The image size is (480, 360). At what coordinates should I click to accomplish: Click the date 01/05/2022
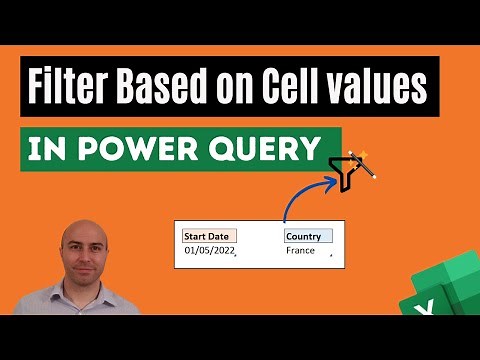(208, 251)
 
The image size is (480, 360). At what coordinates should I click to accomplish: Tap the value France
(300, 251)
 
